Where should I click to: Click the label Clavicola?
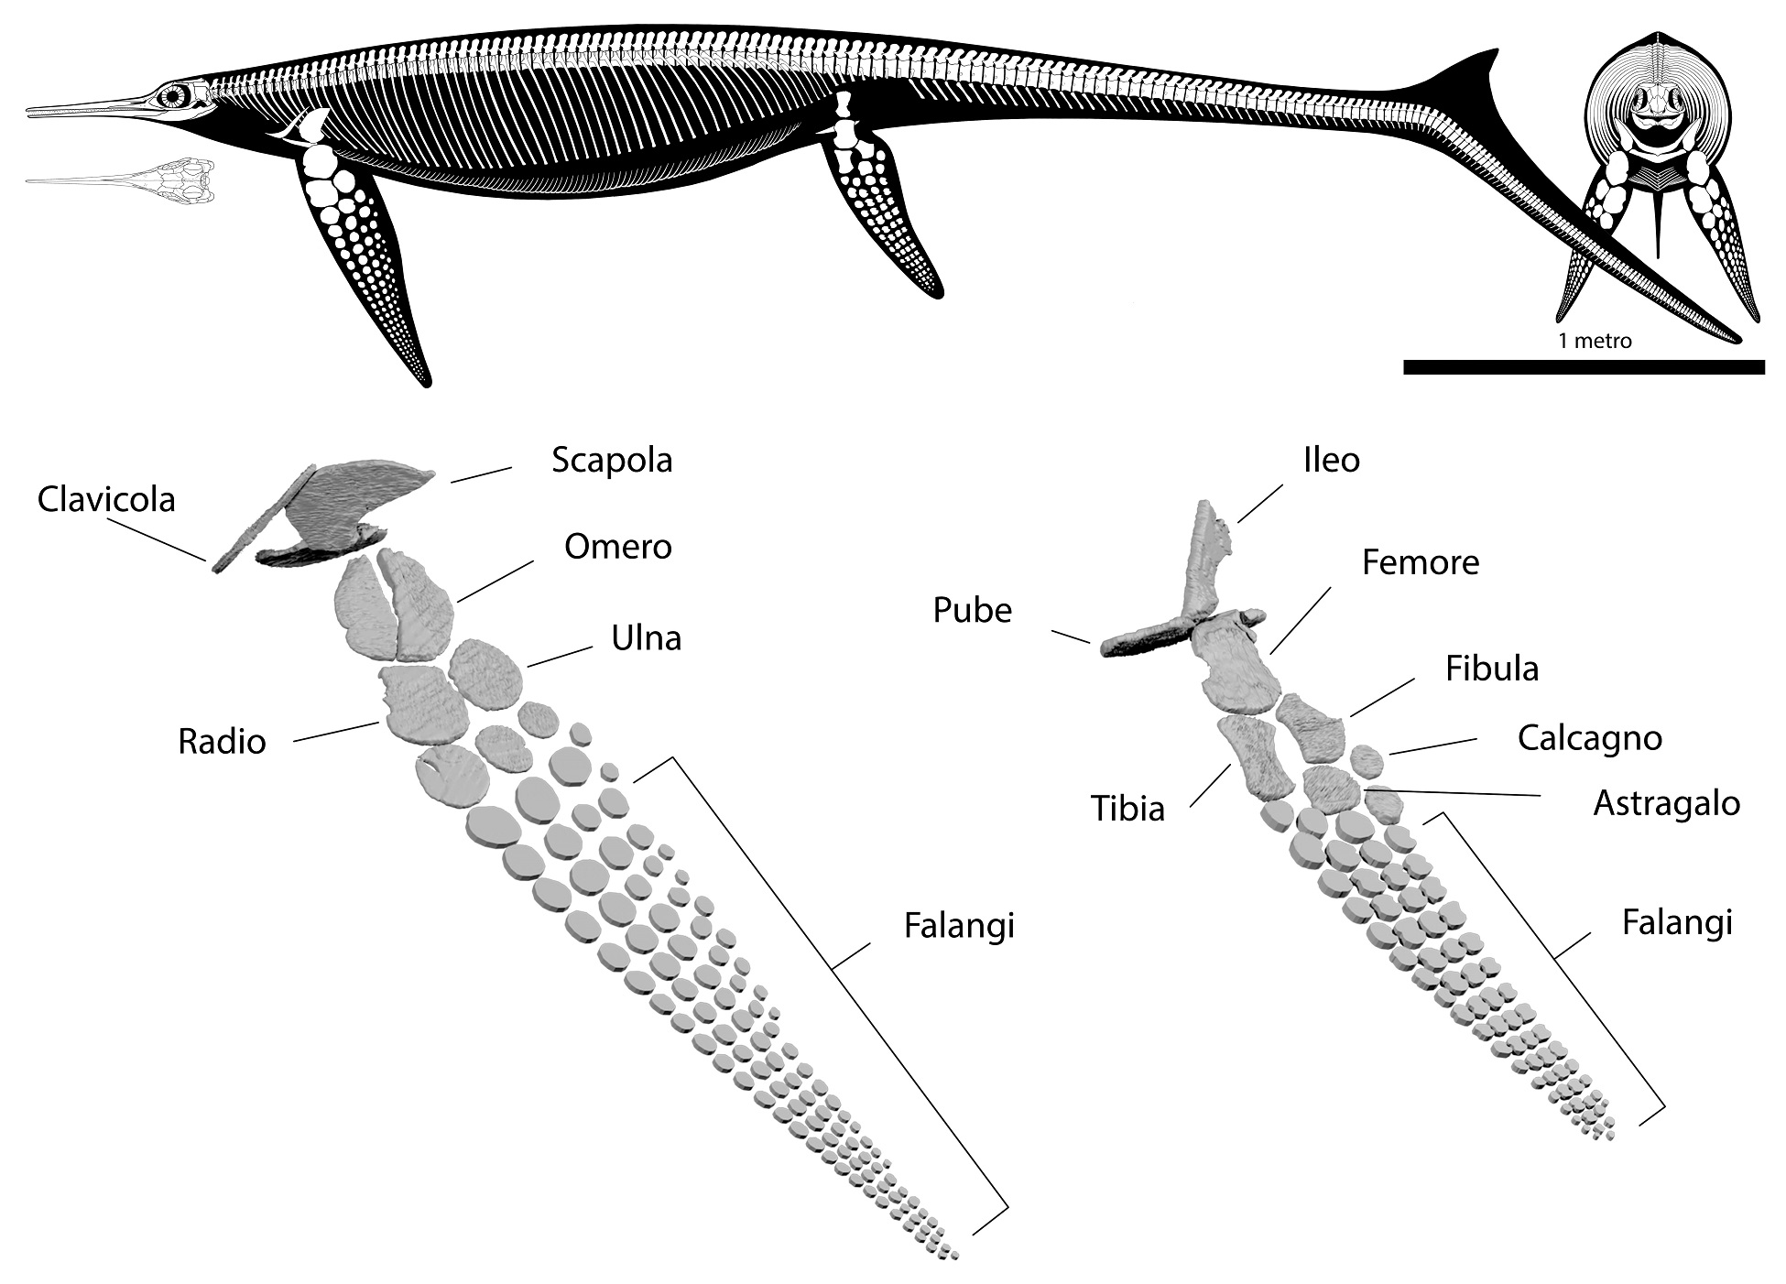click(106, 500)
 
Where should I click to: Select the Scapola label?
click(612, 460)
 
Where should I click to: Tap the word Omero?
click(617, 547)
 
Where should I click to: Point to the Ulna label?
click(646, 638)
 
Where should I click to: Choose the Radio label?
click(222, 742)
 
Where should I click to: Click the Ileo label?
click(1331, 460)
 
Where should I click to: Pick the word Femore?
click(1420, 562)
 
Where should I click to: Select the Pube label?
click(972, 611)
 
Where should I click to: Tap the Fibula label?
click(1491, 669)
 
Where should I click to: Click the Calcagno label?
click(1589, 738)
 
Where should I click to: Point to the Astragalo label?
click(1666, 804)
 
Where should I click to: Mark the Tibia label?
click(1127, 810)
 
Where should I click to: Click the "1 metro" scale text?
click(1595, 342)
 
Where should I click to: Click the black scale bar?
click(1583, 367)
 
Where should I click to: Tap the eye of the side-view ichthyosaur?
click(173, 94)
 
